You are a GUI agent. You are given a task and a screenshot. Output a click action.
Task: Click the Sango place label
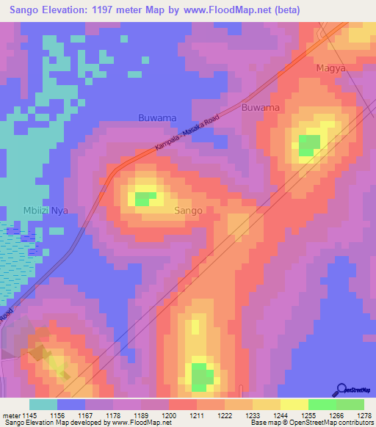[x=189, y=211]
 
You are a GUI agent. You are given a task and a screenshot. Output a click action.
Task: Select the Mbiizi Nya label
[x=45, y=210]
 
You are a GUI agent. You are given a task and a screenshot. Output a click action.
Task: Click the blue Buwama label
[x=157, y=117]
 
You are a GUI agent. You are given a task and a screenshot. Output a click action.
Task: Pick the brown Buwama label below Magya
[x=261, y=107]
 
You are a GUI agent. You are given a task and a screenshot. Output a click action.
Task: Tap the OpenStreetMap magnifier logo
[x=341, y=389]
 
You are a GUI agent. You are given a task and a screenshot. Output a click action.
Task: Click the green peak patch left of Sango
[x=145, y=198]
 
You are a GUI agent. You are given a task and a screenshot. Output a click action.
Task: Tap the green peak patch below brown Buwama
[x=309, y=145]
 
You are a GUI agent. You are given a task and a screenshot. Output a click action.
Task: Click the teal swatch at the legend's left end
[x=43, y=404]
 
